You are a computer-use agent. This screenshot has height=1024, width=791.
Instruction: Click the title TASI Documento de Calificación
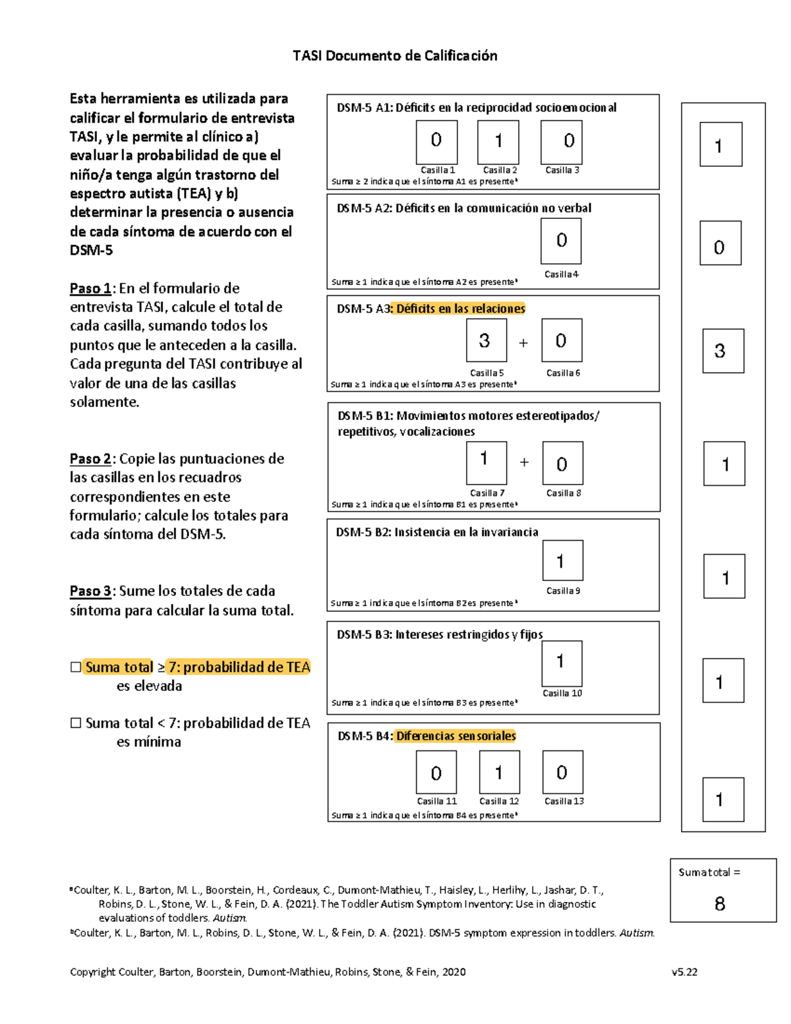(x=395, y=56)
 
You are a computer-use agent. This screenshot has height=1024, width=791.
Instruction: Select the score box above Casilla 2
(x=498, y=142)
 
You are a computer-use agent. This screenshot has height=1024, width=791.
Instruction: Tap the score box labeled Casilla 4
(x=561, y=241)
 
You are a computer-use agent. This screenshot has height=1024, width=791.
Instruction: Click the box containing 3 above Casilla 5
(x=486, y=340)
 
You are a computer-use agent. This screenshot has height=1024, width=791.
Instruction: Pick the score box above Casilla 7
(x=486, y=463)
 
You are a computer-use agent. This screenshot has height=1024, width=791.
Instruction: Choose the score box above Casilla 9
(x=562, y=561)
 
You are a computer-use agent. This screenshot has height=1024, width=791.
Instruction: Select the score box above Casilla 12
(x=499, y=772)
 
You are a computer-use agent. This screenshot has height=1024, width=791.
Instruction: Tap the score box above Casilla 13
(x=562, y=772)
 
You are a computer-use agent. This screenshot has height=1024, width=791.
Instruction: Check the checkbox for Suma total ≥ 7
(x=76, y=667)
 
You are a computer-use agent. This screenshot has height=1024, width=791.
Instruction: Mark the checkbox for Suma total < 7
(x=76, y=723)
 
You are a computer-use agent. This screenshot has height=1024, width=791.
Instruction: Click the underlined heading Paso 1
(x=90, y=289)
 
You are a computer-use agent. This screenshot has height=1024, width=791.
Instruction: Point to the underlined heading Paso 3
(x=90, y=591)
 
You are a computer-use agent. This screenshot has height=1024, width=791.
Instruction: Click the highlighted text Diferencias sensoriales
(x=455, y=736)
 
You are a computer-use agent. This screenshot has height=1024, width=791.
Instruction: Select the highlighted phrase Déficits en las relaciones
(x=460, y=309)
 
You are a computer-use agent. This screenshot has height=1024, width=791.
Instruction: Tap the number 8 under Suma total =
(x=720, y=903)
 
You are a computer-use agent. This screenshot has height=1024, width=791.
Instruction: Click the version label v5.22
(x=684, y=972)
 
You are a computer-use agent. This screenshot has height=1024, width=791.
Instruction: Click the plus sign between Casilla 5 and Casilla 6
(x=523, y=343)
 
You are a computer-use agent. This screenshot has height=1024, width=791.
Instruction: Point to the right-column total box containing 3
(x=722, y=351)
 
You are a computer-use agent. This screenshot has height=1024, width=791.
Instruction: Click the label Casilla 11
(x=436, y=801)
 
